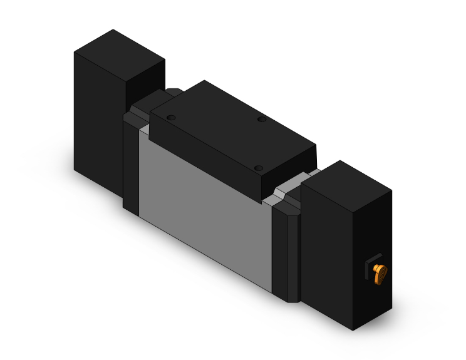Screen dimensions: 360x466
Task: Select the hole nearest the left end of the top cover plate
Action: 171,117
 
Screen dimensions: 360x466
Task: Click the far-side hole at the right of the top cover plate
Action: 261,118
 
